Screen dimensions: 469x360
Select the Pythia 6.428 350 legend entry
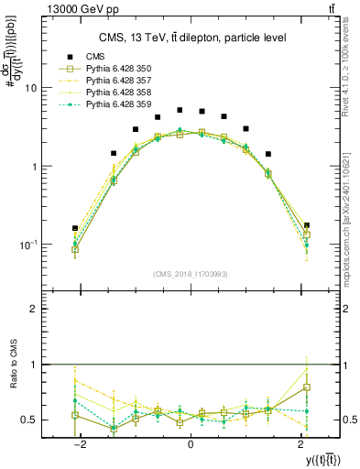117,69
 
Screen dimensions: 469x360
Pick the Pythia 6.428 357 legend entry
117,81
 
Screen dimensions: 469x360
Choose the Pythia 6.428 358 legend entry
117,93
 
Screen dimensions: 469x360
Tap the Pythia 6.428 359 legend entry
117,104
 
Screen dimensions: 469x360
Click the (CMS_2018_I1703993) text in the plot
190,274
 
